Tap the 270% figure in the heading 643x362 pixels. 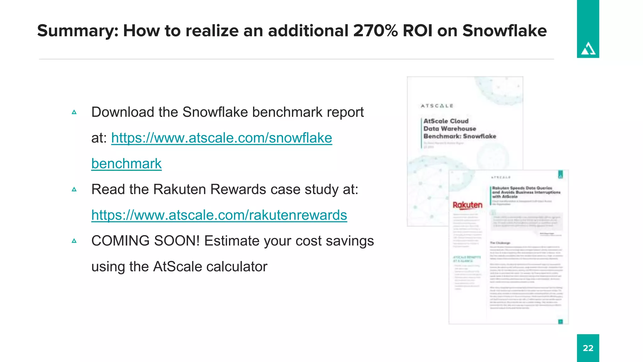point(375,30)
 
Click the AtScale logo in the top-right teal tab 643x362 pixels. point(588,49)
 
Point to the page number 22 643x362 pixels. point(588,348)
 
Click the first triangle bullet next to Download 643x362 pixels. point(74,112)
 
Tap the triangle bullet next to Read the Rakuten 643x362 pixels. point(74,189)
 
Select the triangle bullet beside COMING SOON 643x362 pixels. point(74,241)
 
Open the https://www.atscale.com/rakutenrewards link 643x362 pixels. point(219,215)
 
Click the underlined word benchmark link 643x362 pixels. point(126,164)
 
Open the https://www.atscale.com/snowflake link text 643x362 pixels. point(221,138)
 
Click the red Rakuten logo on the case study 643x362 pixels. point(467,205)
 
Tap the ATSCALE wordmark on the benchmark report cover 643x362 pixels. point(437,106)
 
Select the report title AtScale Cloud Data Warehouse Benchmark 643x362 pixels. point(459,129)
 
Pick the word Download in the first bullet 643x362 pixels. point(123,112)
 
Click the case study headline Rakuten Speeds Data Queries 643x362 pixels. point(526,192)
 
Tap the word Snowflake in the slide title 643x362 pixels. point(504,30)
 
